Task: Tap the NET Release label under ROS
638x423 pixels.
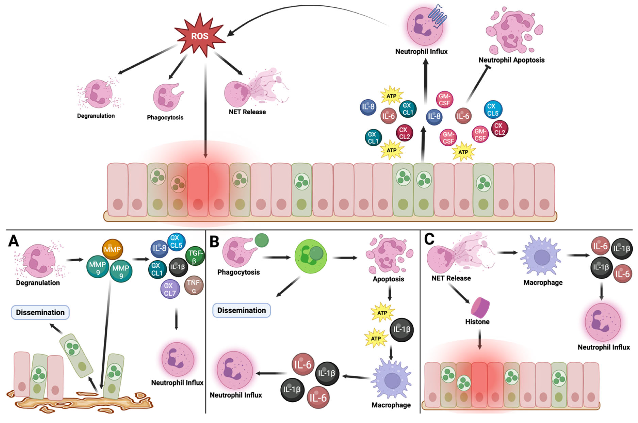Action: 247,112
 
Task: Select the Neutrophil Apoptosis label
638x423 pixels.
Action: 511,60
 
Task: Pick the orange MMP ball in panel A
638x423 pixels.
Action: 112,249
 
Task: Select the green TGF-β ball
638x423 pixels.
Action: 195,256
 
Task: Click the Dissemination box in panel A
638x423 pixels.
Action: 40,312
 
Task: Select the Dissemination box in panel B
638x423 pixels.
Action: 241,310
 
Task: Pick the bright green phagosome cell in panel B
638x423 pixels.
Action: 311,256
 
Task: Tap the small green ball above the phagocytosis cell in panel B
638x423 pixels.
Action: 261,240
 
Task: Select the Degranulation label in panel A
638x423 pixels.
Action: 38,283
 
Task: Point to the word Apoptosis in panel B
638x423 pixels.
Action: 388,279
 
